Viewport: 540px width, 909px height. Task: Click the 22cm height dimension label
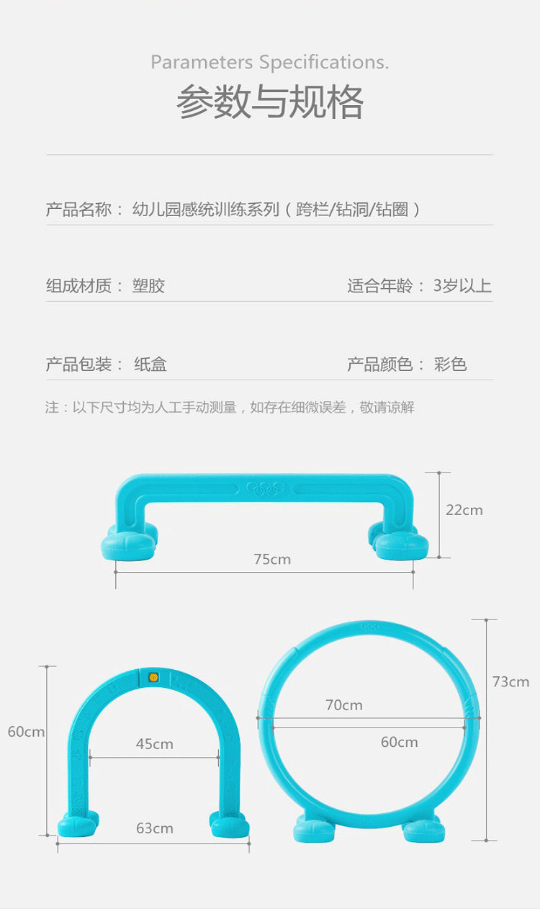coord(464,510)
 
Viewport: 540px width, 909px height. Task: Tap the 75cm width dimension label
coord(272,559)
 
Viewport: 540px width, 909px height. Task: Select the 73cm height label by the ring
coord(510,681)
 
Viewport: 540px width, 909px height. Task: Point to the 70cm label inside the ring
coord(343,705)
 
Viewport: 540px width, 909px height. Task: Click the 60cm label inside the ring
coord(399,742)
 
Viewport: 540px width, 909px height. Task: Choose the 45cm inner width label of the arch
coord(154,744)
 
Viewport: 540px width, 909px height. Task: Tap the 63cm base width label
coord(154,828)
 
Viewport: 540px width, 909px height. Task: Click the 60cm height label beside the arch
coord(26,732)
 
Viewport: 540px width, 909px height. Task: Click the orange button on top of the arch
coord(153,677)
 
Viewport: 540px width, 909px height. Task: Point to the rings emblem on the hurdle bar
coord(265,488)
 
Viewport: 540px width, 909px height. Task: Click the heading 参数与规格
coord(270,102)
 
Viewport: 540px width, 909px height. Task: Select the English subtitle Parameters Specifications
coord(270,63)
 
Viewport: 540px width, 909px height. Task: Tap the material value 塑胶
coord(149,286)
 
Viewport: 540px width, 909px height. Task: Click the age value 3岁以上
coord(462,286)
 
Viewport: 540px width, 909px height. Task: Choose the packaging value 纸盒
coord(150,364)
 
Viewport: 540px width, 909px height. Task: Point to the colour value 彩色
coord(451,364)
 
